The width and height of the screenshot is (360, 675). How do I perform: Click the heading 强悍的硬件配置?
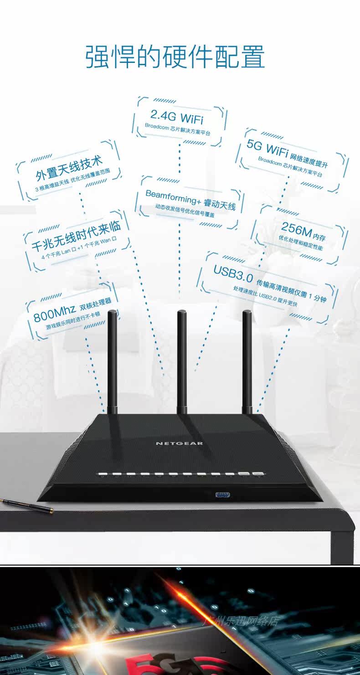175,57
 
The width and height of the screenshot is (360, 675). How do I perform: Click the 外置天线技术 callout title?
69,168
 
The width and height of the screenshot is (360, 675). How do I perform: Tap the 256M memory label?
297,230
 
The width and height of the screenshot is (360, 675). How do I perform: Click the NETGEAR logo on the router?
180,443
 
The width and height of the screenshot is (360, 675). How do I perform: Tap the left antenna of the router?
112,360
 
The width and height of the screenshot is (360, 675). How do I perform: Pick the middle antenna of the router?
182,360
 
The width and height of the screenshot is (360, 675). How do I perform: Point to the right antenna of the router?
247,360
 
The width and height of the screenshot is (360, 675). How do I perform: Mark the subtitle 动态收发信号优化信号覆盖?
185,210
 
